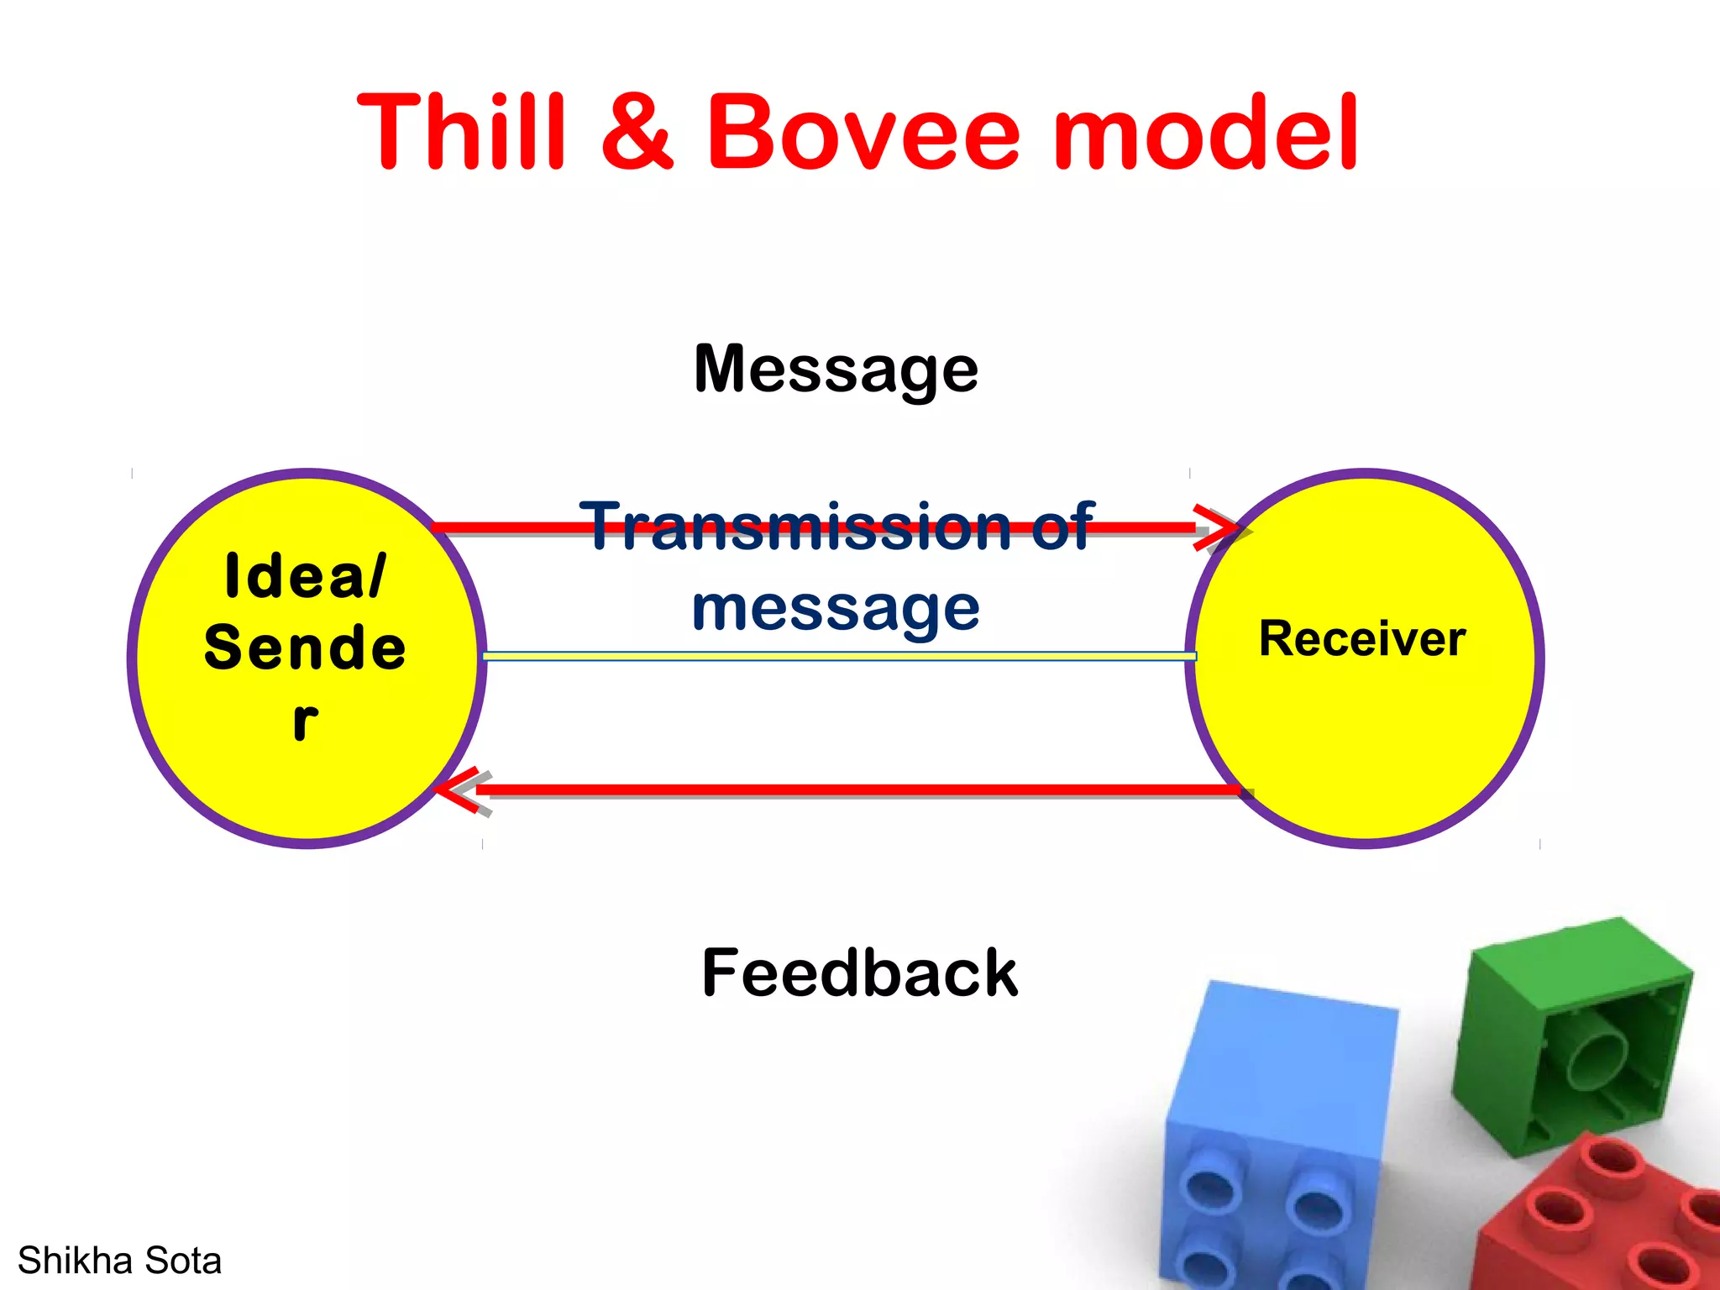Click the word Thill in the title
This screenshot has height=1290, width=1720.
(x=460, y=133)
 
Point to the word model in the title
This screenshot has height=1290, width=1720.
(x=1206, y=133)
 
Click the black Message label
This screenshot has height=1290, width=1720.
(x=836, y=370)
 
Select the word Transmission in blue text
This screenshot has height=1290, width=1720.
(x=798, y=527)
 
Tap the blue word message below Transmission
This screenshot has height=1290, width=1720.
(x=836, y=608)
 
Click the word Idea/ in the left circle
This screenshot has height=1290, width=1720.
(x=305, y=577)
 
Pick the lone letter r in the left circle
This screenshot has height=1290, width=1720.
(x=305, y=721)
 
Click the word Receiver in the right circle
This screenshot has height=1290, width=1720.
(x=1362, y=639)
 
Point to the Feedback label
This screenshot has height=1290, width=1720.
(x=859, y=973)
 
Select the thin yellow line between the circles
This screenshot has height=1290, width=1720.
(x=840, y=656)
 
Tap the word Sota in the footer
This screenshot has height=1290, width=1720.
(x=183, y=1261)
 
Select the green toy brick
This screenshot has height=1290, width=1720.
(x=1571, y=1033)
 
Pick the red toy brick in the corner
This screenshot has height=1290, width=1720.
(x=1604, y=1218)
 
